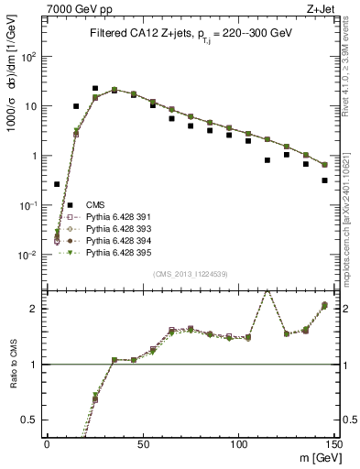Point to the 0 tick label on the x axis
(48, 444)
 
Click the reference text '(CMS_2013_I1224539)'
(191, 273)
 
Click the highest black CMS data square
(95, 89)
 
